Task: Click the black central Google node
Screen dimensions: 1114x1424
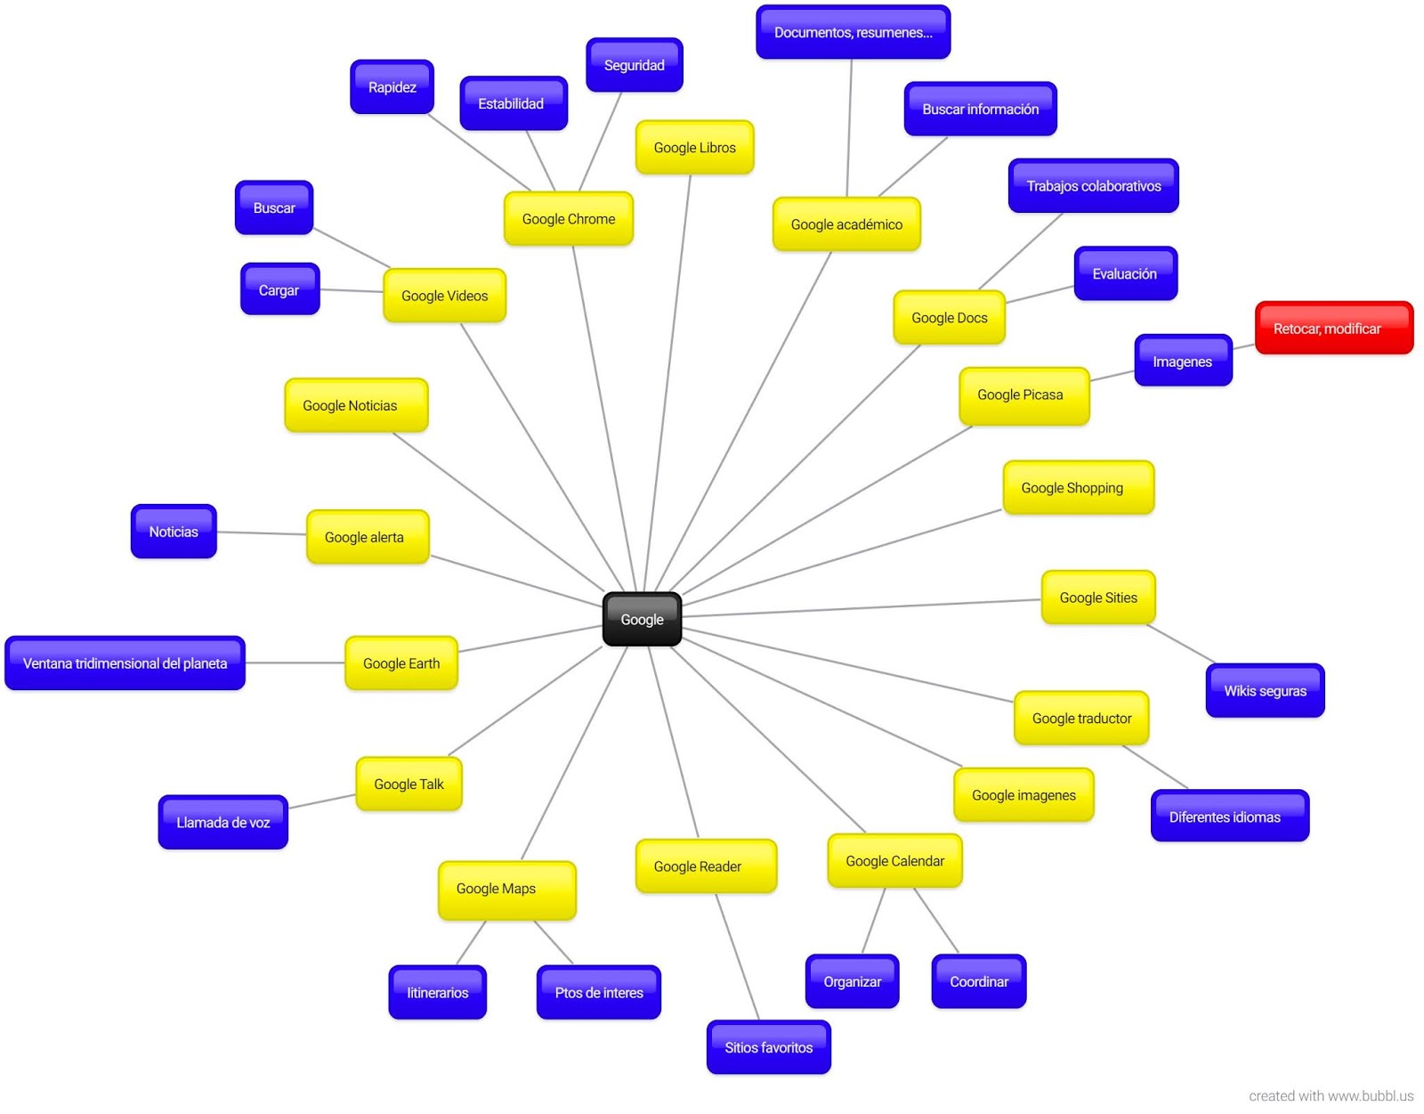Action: tap(642, 619)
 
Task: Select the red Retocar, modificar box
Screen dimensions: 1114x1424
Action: tap(1333, 328)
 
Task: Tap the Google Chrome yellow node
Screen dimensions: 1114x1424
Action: tap(568, 218)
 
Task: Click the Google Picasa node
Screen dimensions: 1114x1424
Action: tap(1023, 395)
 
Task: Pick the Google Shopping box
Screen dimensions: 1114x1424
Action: tap(1078, 488)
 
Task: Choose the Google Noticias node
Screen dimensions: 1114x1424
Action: tap(355, 405)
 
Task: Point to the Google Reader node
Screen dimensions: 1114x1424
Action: tap(705, 866)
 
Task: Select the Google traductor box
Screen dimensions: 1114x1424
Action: tap(1081, 718)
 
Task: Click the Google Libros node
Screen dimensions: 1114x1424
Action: tap(694, 147)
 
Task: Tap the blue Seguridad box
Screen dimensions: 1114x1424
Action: tap(634, 65)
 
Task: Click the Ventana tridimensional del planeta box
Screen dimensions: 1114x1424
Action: tap(125, 663)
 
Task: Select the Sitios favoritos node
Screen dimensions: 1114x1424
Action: tap(768, 1047)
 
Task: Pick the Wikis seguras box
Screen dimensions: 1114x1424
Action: tap(1265, 690)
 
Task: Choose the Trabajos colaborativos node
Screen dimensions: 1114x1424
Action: tap(1093, 185)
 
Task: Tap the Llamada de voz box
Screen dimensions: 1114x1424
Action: tap(222, 822)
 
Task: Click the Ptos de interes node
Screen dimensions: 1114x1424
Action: tap(598, 992)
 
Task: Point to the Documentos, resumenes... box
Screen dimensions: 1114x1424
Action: tap(853, 32)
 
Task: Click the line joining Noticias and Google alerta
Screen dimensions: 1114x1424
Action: tap(262, 533)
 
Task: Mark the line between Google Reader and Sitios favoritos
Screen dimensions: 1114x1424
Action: tap(738, 957)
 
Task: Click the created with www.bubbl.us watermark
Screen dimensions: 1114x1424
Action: tap(1330, 1095)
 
